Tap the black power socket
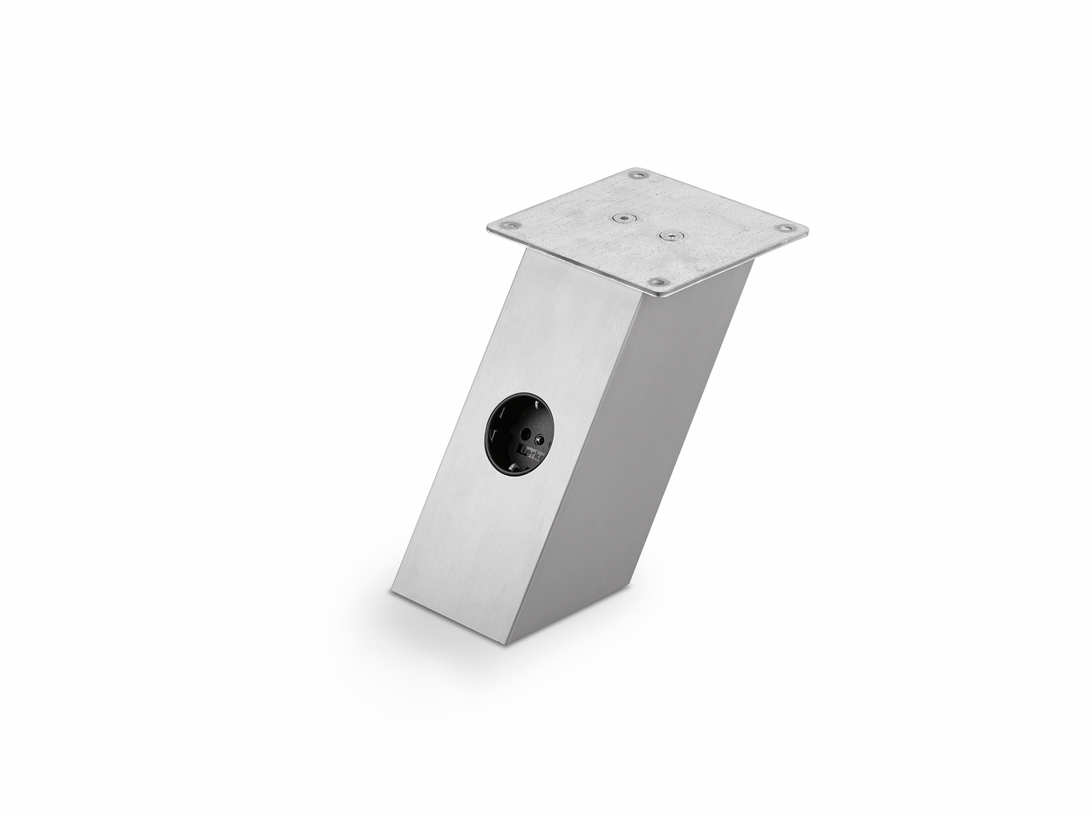pyautogui.click(x=520, y=435)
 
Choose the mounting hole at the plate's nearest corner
pyautogui.click(x=658, y=281)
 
